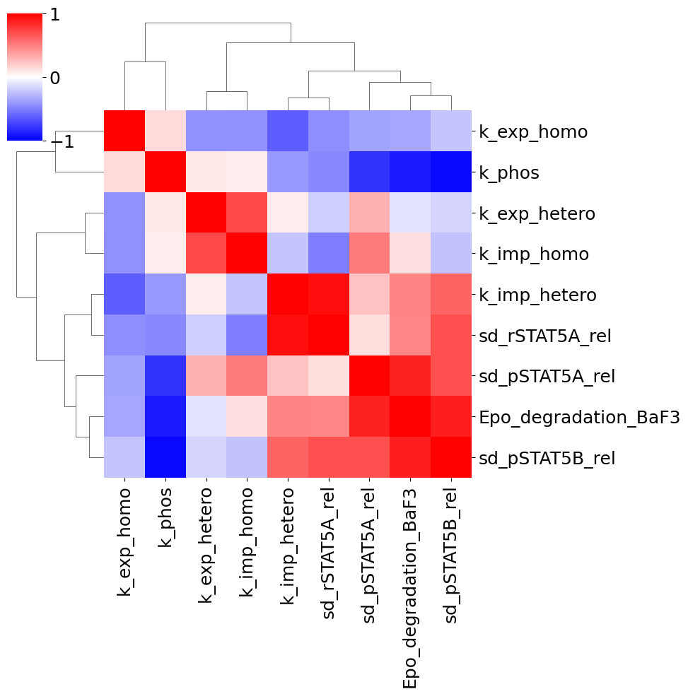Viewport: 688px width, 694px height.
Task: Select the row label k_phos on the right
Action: (509, 173)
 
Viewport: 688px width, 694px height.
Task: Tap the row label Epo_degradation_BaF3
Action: (578, 417)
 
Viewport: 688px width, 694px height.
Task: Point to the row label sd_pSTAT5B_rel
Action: (547, 458)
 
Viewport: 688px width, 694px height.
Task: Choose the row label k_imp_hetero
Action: (537, 295)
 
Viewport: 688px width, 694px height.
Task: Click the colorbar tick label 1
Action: (54, 16)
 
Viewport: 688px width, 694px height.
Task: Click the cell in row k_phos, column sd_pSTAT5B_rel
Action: (451, 172)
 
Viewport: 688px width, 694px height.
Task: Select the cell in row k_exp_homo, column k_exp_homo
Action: (124, 131)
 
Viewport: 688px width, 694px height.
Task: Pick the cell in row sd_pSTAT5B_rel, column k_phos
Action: (165, 457)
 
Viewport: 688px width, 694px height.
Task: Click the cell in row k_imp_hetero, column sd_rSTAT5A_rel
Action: (329, 295)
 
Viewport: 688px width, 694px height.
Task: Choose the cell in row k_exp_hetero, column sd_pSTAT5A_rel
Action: (370, 213)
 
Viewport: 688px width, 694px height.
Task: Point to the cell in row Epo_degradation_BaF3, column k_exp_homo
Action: (124, 417)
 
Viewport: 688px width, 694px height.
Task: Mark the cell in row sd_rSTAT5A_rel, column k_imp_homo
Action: (247, 335)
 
